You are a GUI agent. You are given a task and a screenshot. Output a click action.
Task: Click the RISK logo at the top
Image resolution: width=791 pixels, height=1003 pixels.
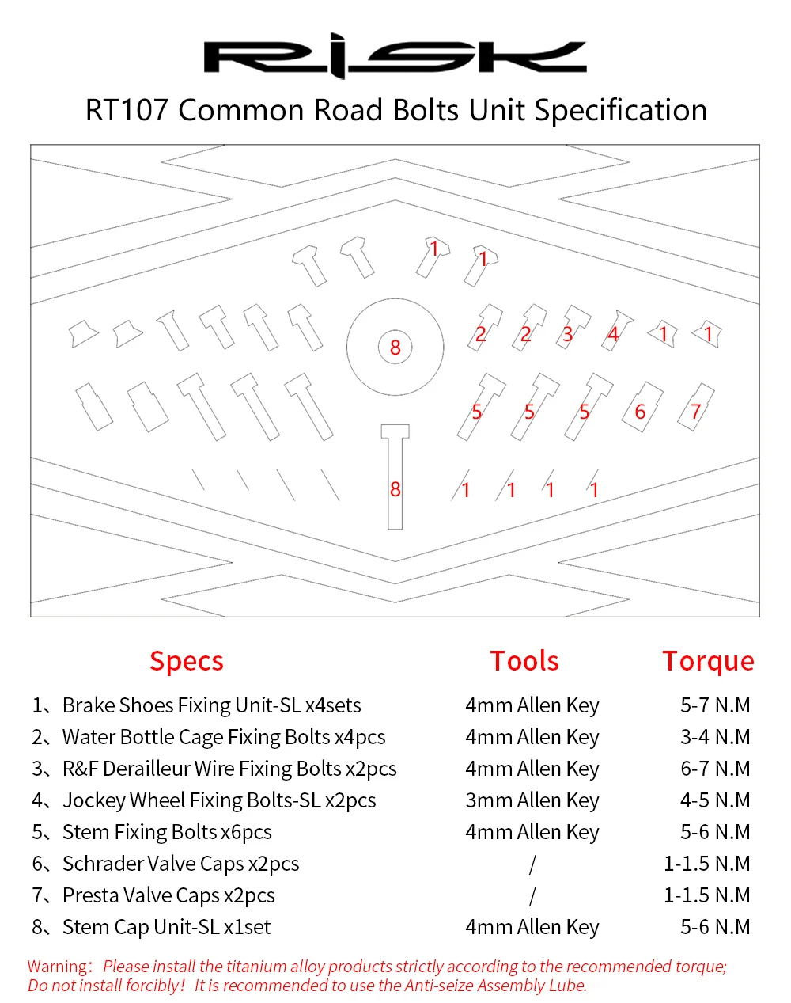(x=395, y=56)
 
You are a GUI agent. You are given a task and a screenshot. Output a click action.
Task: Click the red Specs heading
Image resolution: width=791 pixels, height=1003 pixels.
(x=187, y=661)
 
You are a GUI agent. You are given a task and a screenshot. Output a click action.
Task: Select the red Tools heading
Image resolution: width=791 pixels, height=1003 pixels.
(x=524, y=661)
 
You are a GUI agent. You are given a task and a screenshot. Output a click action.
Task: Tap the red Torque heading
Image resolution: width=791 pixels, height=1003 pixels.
(x=708, y=661)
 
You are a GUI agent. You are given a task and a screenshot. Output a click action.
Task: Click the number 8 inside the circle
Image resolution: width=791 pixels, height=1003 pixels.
(x=395, y=348)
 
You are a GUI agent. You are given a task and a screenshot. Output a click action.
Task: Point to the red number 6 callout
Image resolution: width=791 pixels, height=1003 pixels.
(x=640, y=412)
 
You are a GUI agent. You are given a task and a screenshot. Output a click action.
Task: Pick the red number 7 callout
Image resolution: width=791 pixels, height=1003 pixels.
(x=695, y=412)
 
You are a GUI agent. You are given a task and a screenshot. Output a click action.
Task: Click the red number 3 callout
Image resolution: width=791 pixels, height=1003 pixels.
(x=567, y=334)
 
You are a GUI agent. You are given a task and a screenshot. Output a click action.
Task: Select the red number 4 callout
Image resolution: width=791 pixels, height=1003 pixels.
(x=612, y=334)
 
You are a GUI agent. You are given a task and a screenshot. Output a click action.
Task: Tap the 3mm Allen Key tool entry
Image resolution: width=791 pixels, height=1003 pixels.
(x=532, y=800)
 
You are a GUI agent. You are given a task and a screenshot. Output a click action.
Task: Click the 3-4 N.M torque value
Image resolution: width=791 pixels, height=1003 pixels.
(x=715, y=737)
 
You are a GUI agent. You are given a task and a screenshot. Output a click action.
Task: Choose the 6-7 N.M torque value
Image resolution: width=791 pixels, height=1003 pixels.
(x=715, y=769)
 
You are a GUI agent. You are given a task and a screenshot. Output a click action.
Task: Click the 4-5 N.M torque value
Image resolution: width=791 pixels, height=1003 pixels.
(x=715, y=800)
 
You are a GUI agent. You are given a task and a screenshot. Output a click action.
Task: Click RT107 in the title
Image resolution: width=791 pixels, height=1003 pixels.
(x=127, y=110)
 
